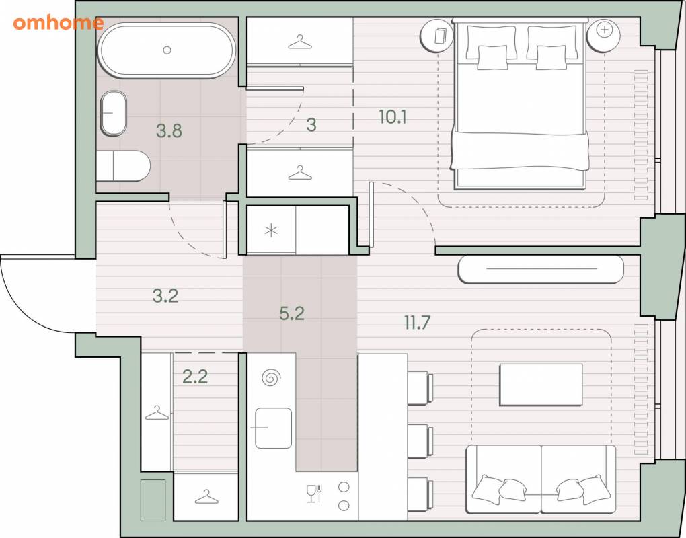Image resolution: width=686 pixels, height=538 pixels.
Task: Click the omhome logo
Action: (59, 22)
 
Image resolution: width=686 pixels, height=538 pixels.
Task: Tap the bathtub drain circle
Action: (167, 50)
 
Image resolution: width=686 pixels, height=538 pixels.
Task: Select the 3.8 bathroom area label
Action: (169, 130)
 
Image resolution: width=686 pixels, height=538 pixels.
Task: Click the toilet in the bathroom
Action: (123, 166)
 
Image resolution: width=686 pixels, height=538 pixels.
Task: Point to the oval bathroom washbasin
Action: (113, 113)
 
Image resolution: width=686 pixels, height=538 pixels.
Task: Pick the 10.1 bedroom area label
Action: (393, 117)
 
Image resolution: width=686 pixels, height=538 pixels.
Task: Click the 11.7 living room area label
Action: (417, 323)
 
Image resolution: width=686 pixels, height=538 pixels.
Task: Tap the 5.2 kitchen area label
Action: (292, 313)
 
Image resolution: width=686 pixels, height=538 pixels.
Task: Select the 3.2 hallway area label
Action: (165, 296)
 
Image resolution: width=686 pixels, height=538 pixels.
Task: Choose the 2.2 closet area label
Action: (195, 376)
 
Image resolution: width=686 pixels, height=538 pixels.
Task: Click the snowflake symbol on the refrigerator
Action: (271, 230)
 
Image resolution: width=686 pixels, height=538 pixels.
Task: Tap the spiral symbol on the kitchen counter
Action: (271, 377)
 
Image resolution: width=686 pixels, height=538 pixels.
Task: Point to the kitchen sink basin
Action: (274, 428)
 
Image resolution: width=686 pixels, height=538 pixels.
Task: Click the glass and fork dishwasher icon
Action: (315, 494)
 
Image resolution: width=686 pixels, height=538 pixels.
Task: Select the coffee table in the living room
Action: (541, 385)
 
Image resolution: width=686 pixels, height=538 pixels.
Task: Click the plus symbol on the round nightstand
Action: (604, 30)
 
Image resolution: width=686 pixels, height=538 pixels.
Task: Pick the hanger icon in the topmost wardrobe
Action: (300, 42)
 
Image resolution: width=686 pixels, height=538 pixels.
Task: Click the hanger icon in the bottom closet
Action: (206, 497)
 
